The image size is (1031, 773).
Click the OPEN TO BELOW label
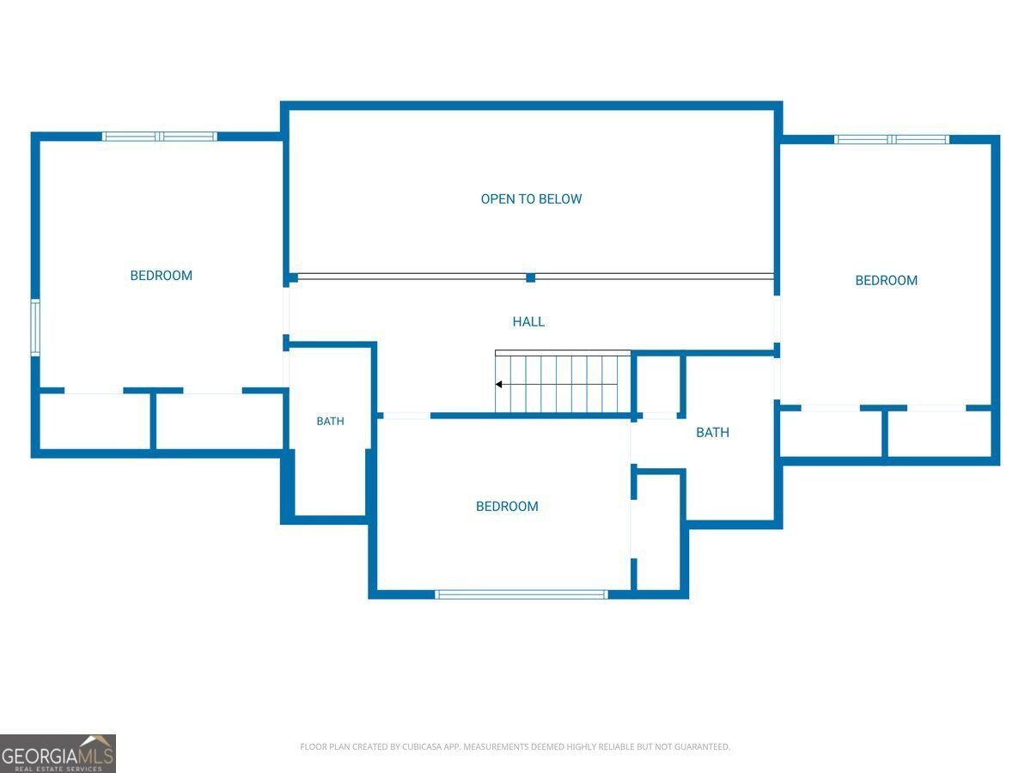(x=531, y=199)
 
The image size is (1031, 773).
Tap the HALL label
(x=528, y=321)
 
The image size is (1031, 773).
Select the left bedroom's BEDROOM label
(x=162, y=276)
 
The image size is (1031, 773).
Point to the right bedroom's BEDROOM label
(x=886, y=281)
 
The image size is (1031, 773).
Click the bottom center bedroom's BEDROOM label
(x=507, y=507)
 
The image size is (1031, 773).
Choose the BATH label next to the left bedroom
(x=330, y=421)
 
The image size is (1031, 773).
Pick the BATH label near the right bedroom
(x=712, y=432)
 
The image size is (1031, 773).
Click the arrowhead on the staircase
(x=499, y=385)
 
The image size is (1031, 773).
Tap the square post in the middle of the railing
(x=530, y=277)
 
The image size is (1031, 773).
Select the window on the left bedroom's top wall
(x=160, y=137)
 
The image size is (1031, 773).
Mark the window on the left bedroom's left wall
(x=35, y=327)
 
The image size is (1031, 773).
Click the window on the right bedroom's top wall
(x=892, y=139)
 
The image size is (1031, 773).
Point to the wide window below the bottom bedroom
(x=522, y=594)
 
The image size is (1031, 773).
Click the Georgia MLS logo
(x=58, y=753)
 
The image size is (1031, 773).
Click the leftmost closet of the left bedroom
(x=95, y=421)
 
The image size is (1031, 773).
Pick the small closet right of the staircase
(x=657, y=385)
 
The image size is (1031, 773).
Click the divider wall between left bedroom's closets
(x=153, y=421)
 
